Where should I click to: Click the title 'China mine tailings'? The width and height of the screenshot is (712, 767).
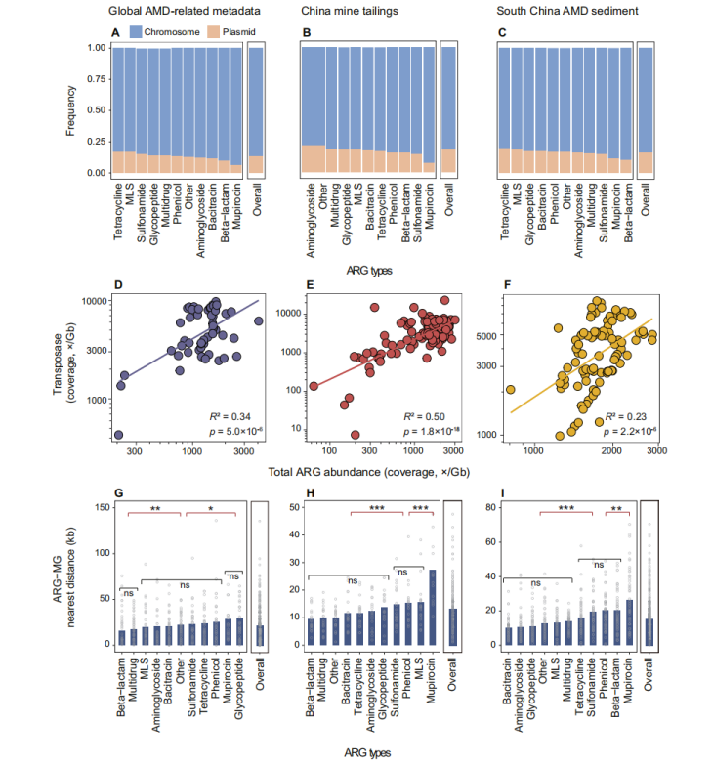[358, 12]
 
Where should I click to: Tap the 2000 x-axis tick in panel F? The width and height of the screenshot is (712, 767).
[612, 452]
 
